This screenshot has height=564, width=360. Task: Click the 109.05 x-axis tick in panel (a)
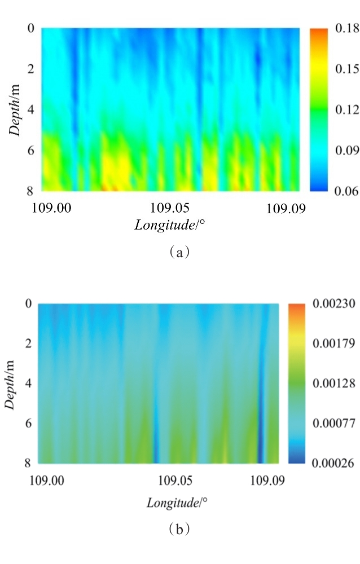(x=172, y=208)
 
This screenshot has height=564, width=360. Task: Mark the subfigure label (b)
(x=179, y=529)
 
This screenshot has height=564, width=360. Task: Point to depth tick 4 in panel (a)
(x=32, y=109)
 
